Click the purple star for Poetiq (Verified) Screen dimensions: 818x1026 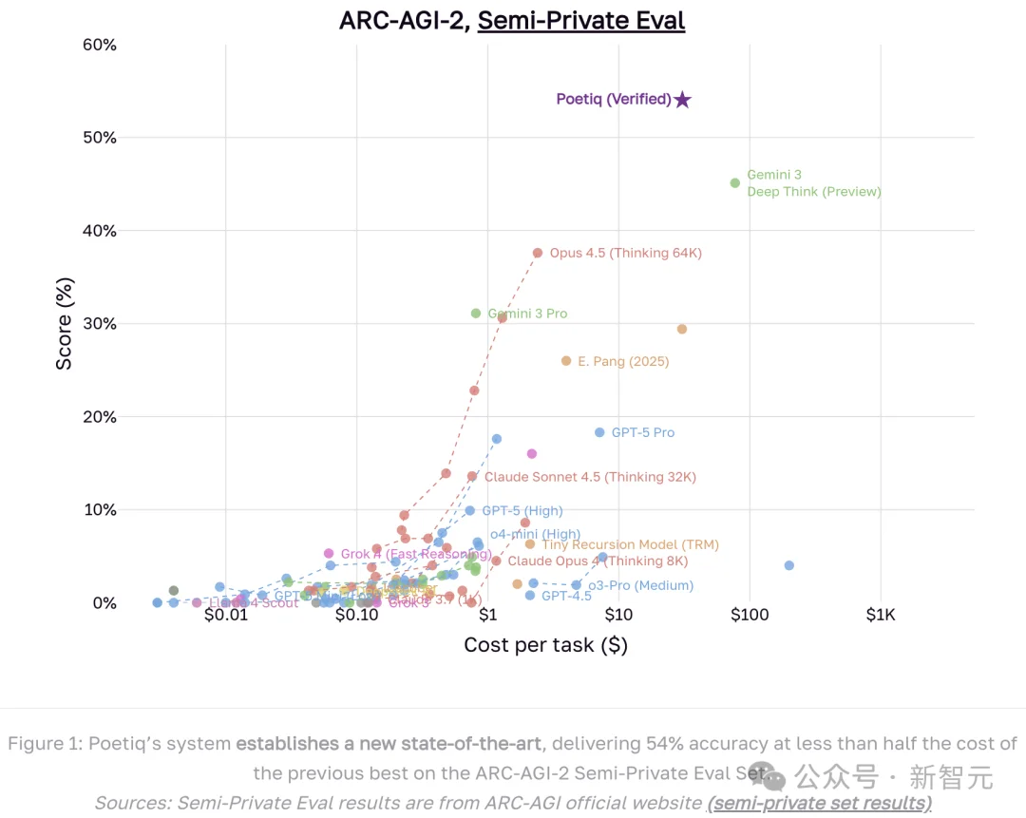(x=682, y=100)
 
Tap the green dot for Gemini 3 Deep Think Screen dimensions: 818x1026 (x=734, y=182)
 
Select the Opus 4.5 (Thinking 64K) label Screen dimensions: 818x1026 (x=625, y=254)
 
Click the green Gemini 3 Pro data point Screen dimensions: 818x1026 (x=476, y=314)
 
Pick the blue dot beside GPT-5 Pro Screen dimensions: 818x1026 (x=599, y=432)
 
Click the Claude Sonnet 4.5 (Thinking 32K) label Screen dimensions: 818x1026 (x=590, y=477)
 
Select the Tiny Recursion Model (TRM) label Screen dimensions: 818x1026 (x=630, y=545)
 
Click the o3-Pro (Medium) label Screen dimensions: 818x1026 (x=640, y=585)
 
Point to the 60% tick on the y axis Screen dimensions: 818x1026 (x=100, y=45)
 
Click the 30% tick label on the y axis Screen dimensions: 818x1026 (x=100, y=324)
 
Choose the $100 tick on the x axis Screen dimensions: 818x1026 (x=749, y=615)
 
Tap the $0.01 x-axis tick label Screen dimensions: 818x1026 (x=225, y=615)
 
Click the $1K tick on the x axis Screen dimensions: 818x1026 (x=881, y=615)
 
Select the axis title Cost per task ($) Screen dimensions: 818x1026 (x=545, y=645)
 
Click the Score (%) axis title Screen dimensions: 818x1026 (x=65, y=323)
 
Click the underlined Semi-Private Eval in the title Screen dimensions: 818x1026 (x=580, y=20)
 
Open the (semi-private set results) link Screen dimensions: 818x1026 (x=819, y=803)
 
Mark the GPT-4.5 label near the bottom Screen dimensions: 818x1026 (x=567, y=596)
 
